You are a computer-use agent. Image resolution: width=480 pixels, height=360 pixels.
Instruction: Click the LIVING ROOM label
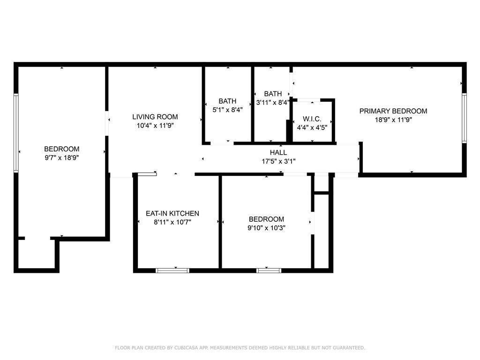tap(155, 117)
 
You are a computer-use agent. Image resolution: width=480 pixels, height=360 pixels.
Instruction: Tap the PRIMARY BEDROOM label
tap(393, 111)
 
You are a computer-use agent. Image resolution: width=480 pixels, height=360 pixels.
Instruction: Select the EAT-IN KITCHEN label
tap(172, 213)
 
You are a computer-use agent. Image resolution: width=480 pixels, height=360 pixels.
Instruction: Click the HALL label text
tap(278, 152)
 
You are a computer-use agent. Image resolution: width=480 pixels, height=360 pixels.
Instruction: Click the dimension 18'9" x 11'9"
tap(393, 120)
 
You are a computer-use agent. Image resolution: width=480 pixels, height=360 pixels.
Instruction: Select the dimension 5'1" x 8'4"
tap(227, 110)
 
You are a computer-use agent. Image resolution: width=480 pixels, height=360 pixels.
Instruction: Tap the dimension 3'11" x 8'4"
tap(272, 102)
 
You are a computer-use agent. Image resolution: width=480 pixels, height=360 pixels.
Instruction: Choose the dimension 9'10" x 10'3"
tap(266, 228)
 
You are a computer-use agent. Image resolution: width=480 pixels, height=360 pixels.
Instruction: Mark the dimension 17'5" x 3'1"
tap(278, 161)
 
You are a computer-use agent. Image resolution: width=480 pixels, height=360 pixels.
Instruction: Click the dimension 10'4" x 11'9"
tap(155, 126)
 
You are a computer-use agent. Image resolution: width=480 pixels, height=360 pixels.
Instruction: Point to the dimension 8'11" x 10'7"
tap(172, 222)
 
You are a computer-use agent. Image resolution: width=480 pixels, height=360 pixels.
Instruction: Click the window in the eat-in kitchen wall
tap(172, 270)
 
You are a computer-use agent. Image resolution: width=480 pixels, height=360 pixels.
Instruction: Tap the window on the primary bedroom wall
tap(464, 118)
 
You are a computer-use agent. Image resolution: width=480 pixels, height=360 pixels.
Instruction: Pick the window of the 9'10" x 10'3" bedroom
tap(269, 270)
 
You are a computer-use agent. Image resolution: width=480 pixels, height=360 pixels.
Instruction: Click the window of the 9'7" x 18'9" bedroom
tap(16, 133)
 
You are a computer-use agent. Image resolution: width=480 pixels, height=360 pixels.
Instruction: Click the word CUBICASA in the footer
tap(186, 348)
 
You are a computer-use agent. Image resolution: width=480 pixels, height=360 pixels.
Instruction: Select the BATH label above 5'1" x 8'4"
tap(227, 101)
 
